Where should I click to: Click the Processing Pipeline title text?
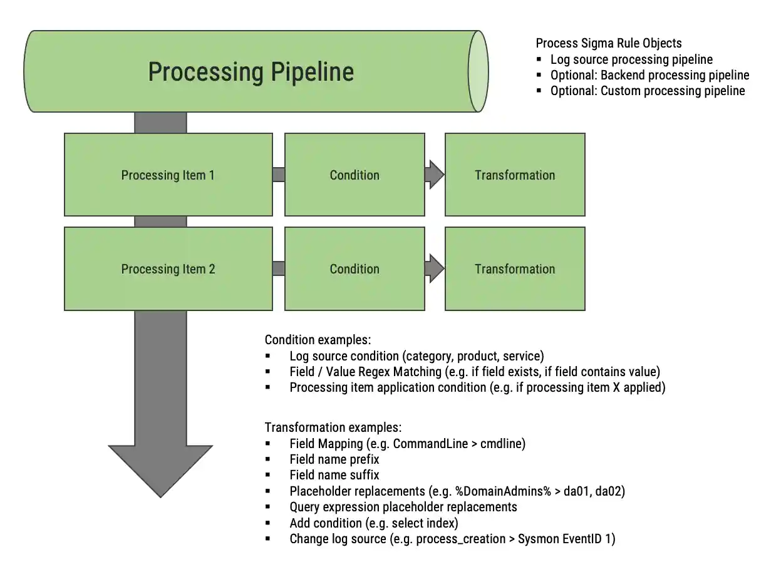click(x=251, y=72)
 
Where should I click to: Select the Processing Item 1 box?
click(x=168, y=175)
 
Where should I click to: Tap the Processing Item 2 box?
click(x=168, y=269)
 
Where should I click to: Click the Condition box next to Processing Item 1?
click(x=354, y=175)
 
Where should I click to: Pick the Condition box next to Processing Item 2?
click(x=354, y=269)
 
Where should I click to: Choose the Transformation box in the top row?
click(x=515, y=175)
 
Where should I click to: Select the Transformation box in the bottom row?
click(x=515, y=269)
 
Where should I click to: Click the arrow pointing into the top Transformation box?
click(x=434, y=175)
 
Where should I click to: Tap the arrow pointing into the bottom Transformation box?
click(x=434, y=268)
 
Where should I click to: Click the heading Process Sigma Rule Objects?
click(x=609, y=43)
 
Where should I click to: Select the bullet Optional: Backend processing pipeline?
click(x=649, y=75)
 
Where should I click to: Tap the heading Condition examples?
click(x=318, y=340)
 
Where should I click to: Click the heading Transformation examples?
click(x=333, y=428)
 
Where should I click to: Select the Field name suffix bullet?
click(x=334, y=475)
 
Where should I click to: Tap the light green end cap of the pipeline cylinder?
click(x=478, y=71)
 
